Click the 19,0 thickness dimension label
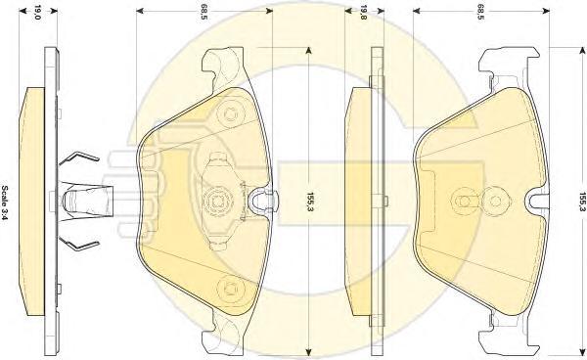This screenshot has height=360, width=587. (x=37, y=13)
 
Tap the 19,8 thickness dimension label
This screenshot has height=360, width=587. (x=363, y=13)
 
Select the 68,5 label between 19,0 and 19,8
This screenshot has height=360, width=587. (x=204, y=13)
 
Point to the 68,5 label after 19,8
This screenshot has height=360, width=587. (x=480, y=13)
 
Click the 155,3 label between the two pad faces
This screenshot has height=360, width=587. (x=310, y=202)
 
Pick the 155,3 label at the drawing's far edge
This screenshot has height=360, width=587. (x=582, y=202)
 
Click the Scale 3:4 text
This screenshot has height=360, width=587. (x=5, y=202)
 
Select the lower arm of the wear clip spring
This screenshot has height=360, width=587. (x=78, y=244)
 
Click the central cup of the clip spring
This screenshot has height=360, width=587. (x=87, y=201)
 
